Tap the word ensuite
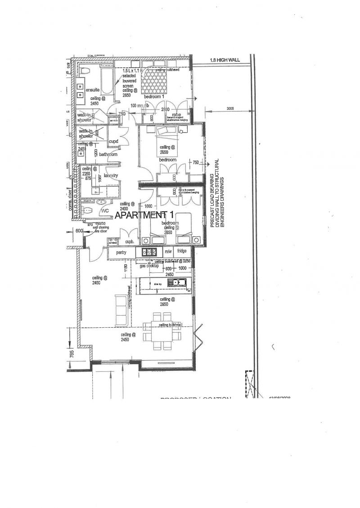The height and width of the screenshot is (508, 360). click(92, 89)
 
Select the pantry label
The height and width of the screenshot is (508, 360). click(121, 253)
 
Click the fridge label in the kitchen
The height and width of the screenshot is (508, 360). click(182, 251)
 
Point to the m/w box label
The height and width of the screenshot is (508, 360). click(168, 251)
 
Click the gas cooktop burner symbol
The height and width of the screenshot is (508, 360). click(149, 253)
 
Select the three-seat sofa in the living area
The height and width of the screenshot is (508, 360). click(121, 310)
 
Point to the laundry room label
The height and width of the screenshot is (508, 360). click(111, 175)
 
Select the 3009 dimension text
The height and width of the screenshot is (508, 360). click(230, 108)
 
